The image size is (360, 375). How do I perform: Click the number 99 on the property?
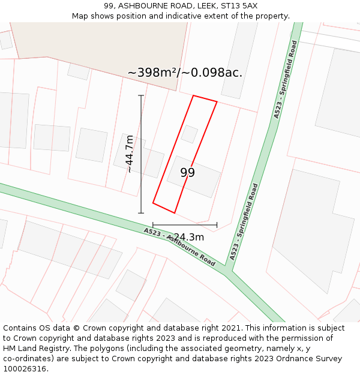188,173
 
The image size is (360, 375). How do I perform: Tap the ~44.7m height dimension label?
129,154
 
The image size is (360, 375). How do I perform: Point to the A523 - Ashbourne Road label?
179,247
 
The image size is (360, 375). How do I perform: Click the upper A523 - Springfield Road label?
285,79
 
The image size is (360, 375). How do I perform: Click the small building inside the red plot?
190,134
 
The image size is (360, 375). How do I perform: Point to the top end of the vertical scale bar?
141,95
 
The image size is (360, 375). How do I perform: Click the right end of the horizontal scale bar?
217,225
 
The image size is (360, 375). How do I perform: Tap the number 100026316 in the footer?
25,369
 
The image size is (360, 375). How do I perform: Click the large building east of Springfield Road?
312,222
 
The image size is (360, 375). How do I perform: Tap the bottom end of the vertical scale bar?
141,212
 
